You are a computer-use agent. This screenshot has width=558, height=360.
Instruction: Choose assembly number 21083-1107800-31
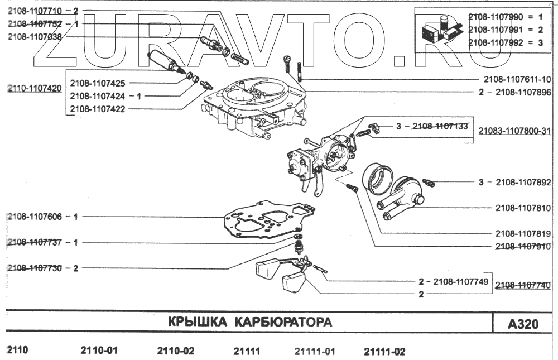(514, 132)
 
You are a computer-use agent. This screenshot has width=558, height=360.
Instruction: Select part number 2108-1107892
(523, 182)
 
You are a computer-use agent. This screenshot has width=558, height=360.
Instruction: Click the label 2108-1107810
(523, 208)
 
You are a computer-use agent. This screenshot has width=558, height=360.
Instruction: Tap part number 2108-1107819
(523, 233)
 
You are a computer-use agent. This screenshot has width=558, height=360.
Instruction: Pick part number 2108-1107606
(35, 216)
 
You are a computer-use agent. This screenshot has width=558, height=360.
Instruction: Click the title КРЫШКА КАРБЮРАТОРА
(249, 322)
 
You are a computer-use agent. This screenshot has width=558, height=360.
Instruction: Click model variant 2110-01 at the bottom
(100, 351)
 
